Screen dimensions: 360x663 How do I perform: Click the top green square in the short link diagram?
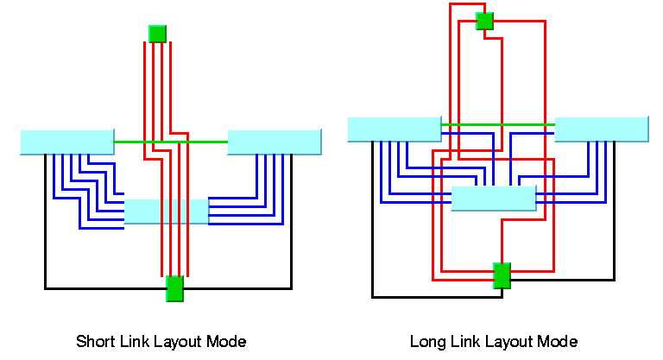click(x=157, y=34)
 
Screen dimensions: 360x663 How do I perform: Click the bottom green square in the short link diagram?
click(x=174, y=288)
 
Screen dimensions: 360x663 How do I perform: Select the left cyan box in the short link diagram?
click(x=66, y=142)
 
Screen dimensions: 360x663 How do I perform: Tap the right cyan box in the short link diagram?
click(x=275, y=142)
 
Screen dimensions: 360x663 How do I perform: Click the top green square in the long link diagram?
click(x=484, y=20)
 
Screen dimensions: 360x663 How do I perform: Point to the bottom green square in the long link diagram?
click(x=502, y=275)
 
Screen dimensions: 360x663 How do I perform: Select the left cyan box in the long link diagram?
click(x=394, y=129)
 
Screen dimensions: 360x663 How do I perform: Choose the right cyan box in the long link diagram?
click(x=602, y=129)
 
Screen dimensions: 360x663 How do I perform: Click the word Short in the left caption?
click(x=93, y=341)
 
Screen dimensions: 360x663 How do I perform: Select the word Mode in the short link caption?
click(x=228, y=341)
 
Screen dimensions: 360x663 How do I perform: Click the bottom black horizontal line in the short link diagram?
click(x=104, y=287)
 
